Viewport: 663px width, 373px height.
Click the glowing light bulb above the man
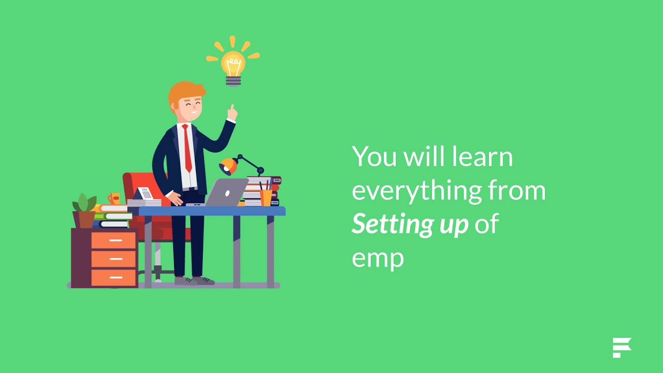pyautogui.click(x=233, y=66)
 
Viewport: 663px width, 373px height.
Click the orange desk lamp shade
pyautogui.click(x=228, y=166)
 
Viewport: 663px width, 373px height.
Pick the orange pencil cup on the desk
pyautogui.click(x=266, y=197)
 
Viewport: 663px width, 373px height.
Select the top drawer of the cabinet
pyautogui.click(x=113, y=240)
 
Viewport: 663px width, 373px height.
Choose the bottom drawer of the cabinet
pyautogui.click(x=113, y=277)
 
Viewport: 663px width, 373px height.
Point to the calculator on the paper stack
pyautogui.click(x=146, y=194)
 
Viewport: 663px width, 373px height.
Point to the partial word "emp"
pyautogui.click(x=378, y=257)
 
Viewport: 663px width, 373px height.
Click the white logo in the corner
pyautogui.click(x=622, y=348)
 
